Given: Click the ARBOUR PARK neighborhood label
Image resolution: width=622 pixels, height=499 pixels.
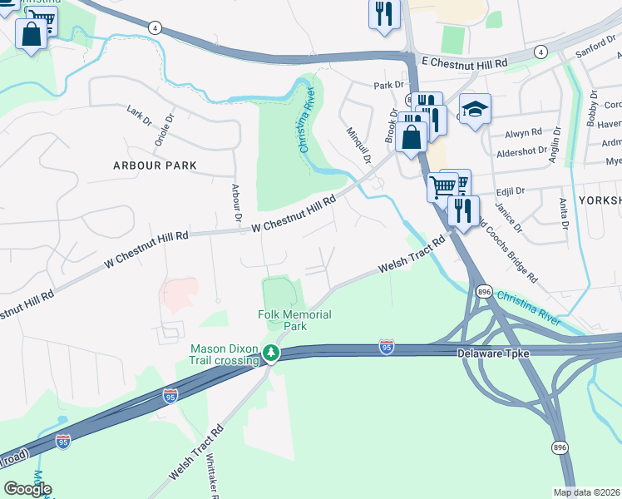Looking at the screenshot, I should pyautogui.click(x=155, y=166).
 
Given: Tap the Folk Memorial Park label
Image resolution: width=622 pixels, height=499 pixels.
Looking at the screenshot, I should pyautogui.click(x=294, y=320).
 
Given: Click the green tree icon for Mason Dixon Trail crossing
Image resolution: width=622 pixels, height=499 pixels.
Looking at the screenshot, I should pyautogui.click(x=270, y=354).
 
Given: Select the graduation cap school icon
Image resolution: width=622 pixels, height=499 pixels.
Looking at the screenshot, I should pyautogui.click(x=475, y=109).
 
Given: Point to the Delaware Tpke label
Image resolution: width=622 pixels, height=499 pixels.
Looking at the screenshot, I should pyautogui.click(x=493, y=353).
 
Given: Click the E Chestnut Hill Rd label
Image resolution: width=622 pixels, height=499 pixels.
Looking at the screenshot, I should pyautogui.click(x=464, y=63).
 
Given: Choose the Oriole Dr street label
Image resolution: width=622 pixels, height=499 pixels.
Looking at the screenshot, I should pyautogui.click(x=170, y=129).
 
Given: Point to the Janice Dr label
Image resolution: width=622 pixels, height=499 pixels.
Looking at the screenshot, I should pyautogui.click(x=506, y=217).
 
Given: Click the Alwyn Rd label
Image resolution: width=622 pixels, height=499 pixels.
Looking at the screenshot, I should pyautogui.click(x=524, y=132).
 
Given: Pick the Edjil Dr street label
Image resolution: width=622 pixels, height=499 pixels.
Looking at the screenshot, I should pyautogui.click(x=508, y=190).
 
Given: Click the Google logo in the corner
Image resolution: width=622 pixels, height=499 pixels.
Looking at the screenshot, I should pyautogui.click(x=28, y=489).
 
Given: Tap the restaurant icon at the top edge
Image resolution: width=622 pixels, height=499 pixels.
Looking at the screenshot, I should pyautogui.click(x=384, y=14).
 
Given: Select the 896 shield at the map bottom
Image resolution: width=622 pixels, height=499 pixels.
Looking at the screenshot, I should pyautogui.click(x=561, y=447).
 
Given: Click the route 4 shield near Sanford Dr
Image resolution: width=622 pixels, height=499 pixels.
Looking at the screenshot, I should pyautogui.click(x=541, y=52).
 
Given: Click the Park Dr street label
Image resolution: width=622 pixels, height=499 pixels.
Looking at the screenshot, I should pyautogui.click(x=388, y=85).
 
